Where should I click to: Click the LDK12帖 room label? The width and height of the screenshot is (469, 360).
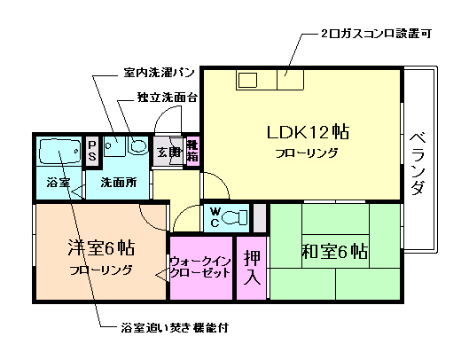[x=308, y=133]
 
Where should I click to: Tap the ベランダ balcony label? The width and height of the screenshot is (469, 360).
[x=419, y=164]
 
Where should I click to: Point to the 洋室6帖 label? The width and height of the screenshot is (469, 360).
[x=100, y=247]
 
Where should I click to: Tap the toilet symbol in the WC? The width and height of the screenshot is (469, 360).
[x=236, y=216]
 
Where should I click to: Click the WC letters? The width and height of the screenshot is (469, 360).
[x=214, y=216]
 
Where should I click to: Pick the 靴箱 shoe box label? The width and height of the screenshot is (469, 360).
[x=192, y=152]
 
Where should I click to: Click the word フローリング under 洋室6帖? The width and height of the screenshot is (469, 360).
[x=100, y=269]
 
